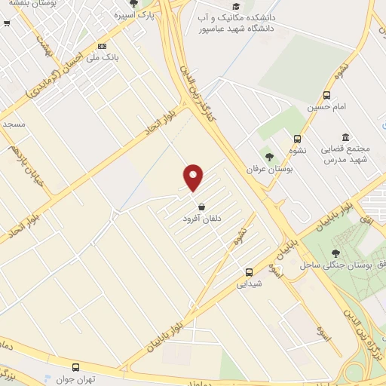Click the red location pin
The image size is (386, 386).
(194, 177)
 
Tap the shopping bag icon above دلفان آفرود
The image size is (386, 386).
(201, 207)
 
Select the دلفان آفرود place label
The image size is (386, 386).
(202, 219)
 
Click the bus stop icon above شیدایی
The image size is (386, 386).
(249, 272)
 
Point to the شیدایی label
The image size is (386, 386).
(249, 284)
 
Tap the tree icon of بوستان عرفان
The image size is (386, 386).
(269, 157)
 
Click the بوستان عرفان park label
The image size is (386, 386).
(263, 169)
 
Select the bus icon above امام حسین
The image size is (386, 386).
(326, 95)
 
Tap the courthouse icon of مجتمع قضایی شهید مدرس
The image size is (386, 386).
(345, 137)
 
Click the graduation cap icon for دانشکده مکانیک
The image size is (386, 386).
(236, 6)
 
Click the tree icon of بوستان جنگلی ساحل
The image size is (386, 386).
(335, 254)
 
